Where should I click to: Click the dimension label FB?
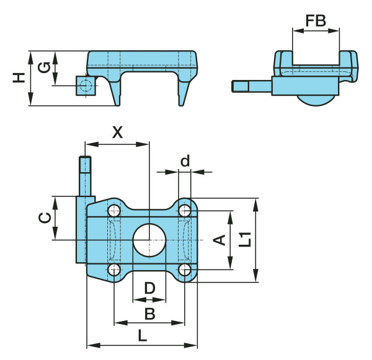(x=316, y=20)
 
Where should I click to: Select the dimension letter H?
(x=19, y=78)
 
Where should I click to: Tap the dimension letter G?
(x=44, y=68)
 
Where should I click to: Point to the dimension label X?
(x=118, y=133)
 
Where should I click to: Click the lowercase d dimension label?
(x=185, y=160)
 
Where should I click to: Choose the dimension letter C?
(x=45, y=218)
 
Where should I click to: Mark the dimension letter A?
(x=219, y=240)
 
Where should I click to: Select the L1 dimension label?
(x=245, y=240)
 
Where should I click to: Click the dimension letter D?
(x=149, y=288)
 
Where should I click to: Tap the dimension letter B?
(x=149, y=314)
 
